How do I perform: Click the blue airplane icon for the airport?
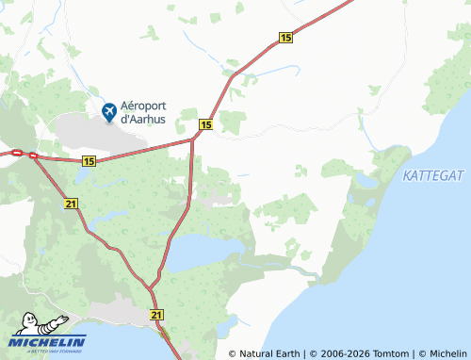point(110,112)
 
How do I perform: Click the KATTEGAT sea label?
point(433,176)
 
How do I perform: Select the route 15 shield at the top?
point(285,37)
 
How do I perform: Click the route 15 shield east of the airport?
point(205,124)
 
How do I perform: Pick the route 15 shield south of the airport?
point(89,162)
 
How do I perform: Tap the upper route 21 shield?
point(72,204)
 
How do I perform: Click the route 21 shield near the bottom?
point(156,315)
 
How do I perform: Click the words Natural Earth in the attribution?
point(269,353)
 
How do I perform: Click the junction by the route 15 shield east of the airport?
point(193,139)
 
